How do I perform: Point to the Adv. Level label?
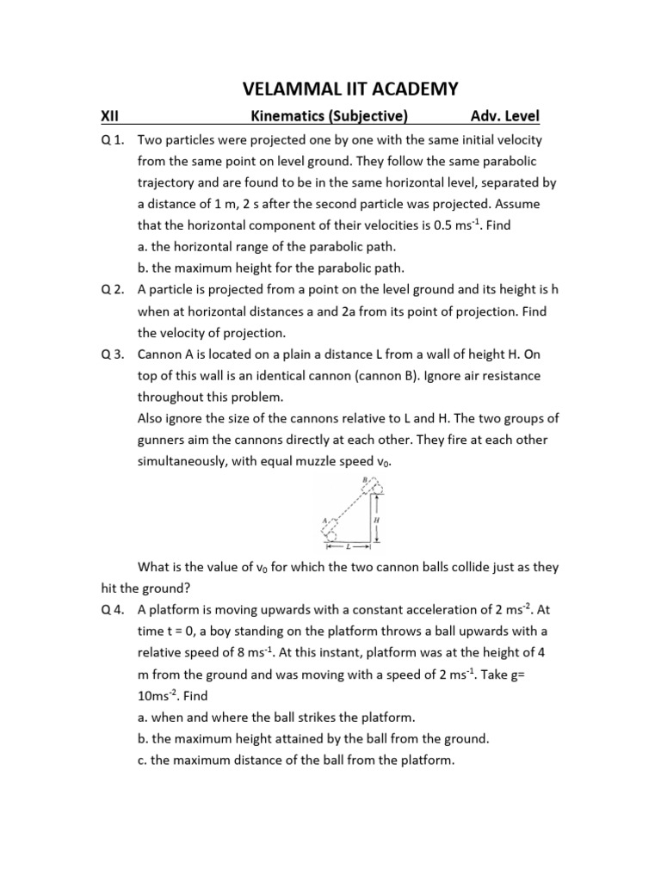tap(505, 117)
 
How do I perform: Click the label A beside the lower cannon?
tap(324, 521)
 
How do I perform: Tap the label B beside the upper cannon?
tap(364, 479)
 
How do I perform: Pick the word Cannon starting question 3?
tap(162, 354)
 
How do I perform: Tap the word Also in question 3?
tap(151, 418)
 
